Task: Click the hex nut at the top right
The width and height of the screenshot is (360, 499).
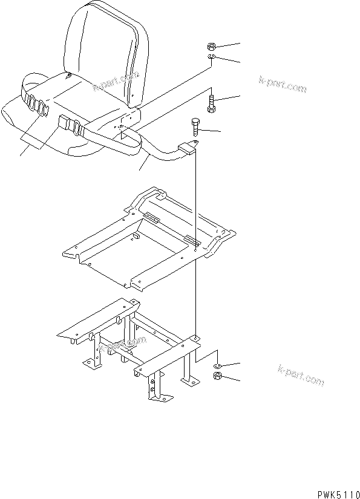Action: point(212,46)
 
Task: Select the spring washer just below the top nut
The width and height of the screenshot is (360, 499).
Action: point(212,57)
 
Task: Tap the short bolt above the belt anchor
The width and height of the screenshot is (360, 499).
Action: point(195,128)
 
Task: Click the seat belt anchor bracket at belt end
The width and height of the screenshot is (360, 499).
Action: point(188,148)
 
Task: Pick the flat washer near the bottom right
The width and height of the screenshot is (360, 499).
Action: point(217,367)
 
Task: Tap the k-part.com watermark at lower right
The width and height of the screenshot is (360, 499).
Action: point(300,374)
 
